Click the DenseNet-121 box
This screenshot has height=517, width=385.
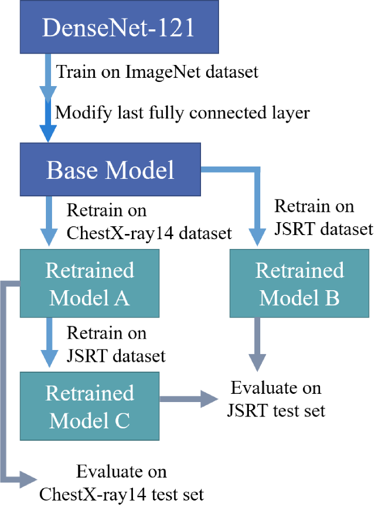point(119,27)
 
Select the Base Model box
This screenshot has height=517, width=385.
point(110,170)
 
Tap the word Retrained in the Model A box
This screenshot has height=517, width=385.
point(90,271)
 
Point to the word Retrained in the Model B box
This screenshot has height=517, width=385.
point(299,271)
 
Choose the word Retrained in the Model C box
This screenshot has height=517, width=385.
point(90,393)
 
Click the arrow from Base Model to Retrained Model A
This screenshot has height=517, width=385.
point(49,222)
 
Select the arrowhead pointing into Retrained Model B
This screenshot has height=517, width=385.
point(257,236)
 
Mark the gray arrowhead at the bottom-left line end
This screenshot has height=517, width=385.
point(28,480)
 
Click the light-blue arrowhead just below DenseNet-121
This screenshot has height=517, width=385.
point(48,94)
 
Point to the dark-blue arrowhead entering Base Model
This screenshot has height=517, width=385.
point(48,132)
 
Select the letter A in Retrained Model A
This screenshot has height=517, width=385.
point(122,298)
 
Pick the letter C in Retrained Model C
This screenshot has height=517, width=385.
point(122,421)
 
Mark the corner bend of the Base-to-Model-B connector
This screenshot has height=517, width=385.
point(257,170)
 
